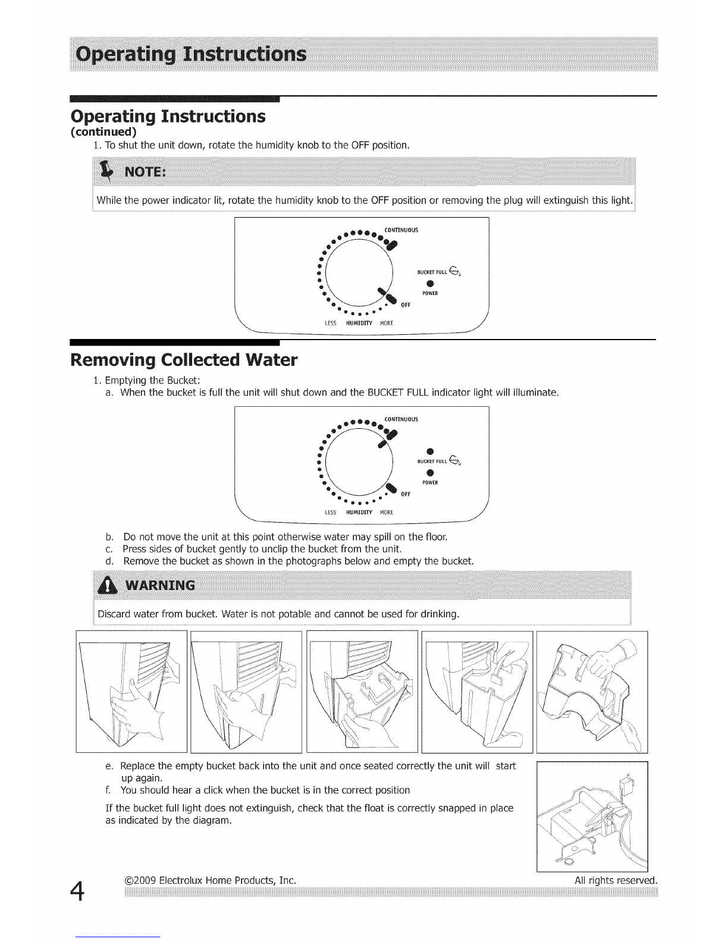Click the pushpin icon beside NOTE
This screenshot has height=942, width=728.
pyautogui.click(x=107, y=171)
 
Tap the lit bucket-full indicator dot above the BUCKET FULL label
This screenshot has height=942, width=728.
pyautogui.click(x=430, y=449)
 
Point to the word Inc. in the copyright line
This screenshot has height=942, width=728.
pyautogui.click(x=287, y=879)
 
